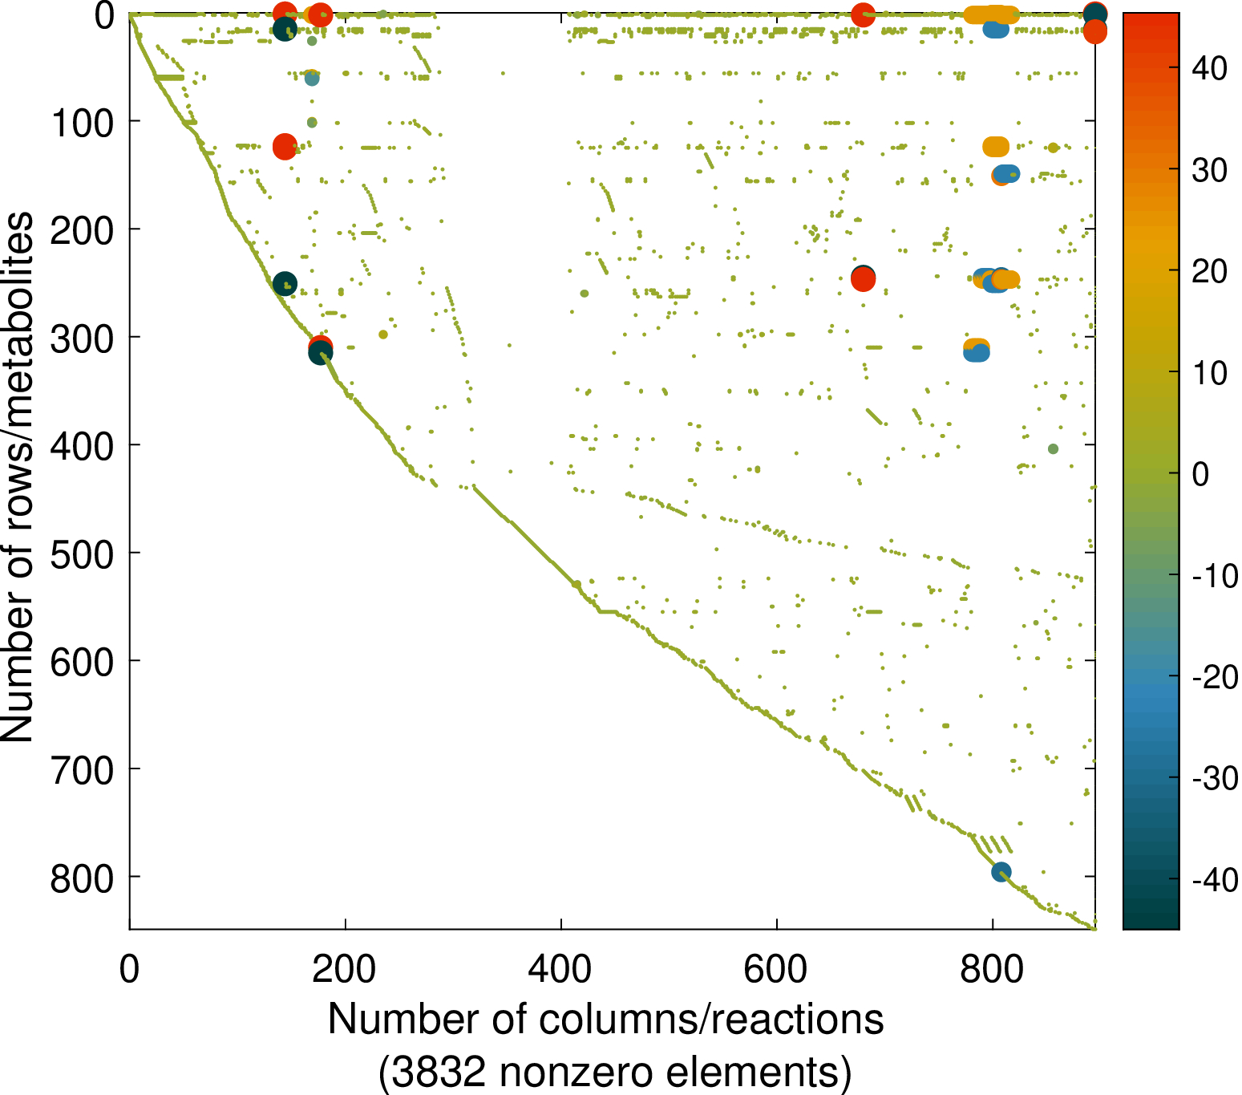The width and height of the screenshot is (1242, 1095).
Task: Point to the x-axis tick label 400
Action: tap(560, 969)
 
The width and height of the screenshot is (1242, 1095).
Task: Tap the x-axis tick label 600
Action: tap(776, 969)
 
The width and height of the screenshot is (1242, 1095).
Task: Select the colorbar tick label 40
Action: tap(1209, 68)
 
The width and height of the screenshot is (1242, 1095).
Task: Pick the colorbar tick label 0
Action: tap(1200, 473)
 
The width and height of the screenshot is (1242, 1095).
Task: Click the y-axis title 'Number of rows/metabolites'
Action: tap(18, 477)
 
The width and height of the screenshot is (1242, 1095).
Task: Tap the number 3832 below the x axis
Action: tap(431, 1072)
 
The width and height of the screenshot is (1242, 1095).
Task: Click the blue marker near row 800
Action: tap(1001, 872)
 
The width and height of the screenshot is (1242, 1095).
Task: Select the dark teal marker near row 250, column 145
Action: tap(285, 283)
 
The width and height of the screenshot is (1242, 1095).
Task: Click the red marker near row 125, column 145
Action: tap(285, 146)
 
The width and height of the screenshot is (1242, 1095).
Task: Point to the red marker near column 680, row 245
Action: tap(863, 279)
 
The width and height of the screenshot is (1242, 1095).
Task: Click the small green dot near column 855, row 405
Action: tap(1053, 448)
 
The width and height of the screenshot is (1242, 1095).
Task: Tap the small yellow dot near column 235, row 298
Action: tap(382, 335)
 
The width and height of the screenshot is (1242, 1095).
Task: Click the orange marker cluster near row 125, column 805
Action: tap(996, 147)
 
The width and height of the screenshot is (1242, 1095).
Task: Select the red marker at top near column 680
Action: tap(862, 14)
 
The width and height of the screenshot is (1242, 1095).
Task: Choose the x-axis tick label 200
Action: tap(345, 969)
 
